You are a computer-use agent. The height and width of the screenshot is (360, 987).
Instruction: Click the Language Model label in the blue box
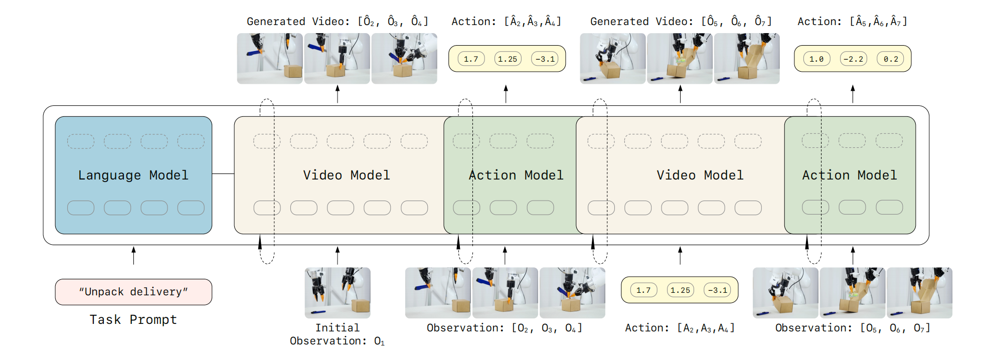pyautogui.click(x=133, y=175)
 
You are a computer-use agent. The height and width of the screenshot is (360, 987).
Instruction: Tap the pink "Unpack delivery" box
pyautogui.click(x=133, y=292)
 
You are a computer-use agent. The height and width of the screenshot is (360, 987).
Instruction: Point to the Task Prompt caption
pyautogui.click(x=133, y=320)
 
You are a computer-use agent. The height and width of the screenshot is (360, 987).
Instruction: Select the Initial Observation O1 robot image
pyautogui.click(x=338, y=293)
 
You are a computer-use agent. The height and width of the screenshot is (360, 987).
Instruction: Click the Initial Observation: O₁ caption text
pyautogui.click(x=337, y=334)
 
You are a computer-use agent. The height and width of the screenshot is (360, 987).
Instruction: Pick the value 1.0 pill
pyautogui.click(x=816, y=59)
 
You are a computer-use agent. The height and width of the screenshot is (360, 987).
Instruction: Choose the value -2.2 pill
pyautogui.click(x=853, y=59)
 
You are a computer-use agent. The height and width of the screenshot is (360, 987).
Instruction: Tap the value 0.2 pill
pyautogui.click(x=891, y=59)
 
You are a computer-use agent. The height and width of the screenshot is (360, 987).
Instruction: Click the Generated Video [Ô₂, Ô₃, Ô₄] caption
pyautogui.click(x=338, y=22)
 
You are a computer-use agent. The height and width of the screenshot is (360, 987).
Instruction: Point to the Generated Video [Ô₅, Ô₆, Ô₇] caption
pyautogui.click(x=681, y=22)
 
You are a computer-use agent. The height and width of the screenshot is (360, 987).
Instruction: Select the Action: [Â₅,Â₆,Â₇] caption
pyautogui.click(x=852, y=22)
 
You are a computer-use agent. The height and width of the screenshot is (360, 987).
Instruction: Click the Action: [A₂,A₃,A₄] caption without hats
pyautogui.click(x=680, y=328)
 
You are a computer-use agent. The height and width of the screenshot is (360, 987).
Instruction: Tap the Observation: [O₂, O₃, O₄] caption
pyautogui.click(x=505, y=328)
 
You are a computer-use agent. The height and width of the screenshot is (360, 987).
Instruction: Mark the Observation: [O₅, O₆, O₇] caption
pyautogui.click(x=853, y=328)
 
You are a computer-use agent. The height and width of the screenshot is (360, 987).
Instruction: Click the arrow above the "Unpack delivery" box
pyautogui.click(x=133, y=255)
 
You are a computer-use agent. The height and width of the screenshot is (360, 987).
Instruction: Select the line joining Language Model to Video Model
pyautogui.click(x=223, y=174)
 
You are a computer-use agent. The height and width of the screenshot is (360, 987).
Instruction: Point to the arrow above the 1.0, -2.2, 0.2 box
pyautogui.click(x=853, y=94)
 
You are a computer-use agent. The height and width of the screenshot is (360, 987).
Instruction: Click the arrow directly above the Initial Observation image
pyautogui.click(x=338, y=255)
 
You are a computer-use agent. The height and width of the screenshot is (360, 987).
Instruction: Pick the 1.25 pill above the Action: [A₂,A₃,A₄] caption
pyautogui.click(x=680, y=290)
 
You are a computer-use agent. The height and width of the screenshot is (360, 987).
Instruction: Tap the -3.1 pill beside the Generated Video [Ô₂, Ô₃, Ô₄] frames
pyautogui.click(x=545, y=59)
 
